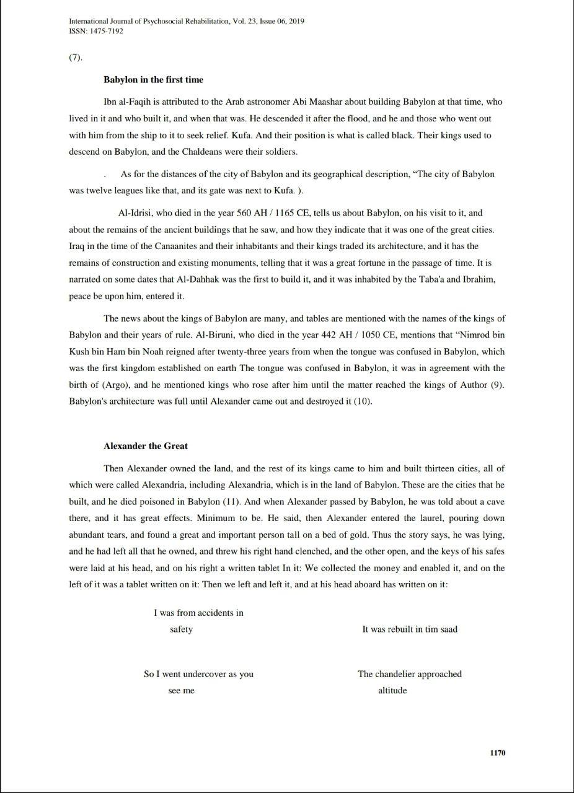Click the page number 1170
pos(497,753)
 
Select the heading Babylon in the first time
pos(153,80)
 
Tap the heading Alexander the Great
pos(146,446)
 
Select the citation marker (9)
pos(497,385)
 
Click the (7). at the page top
pos(76,58)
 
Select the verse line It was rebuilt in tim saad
pos(410,629)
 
